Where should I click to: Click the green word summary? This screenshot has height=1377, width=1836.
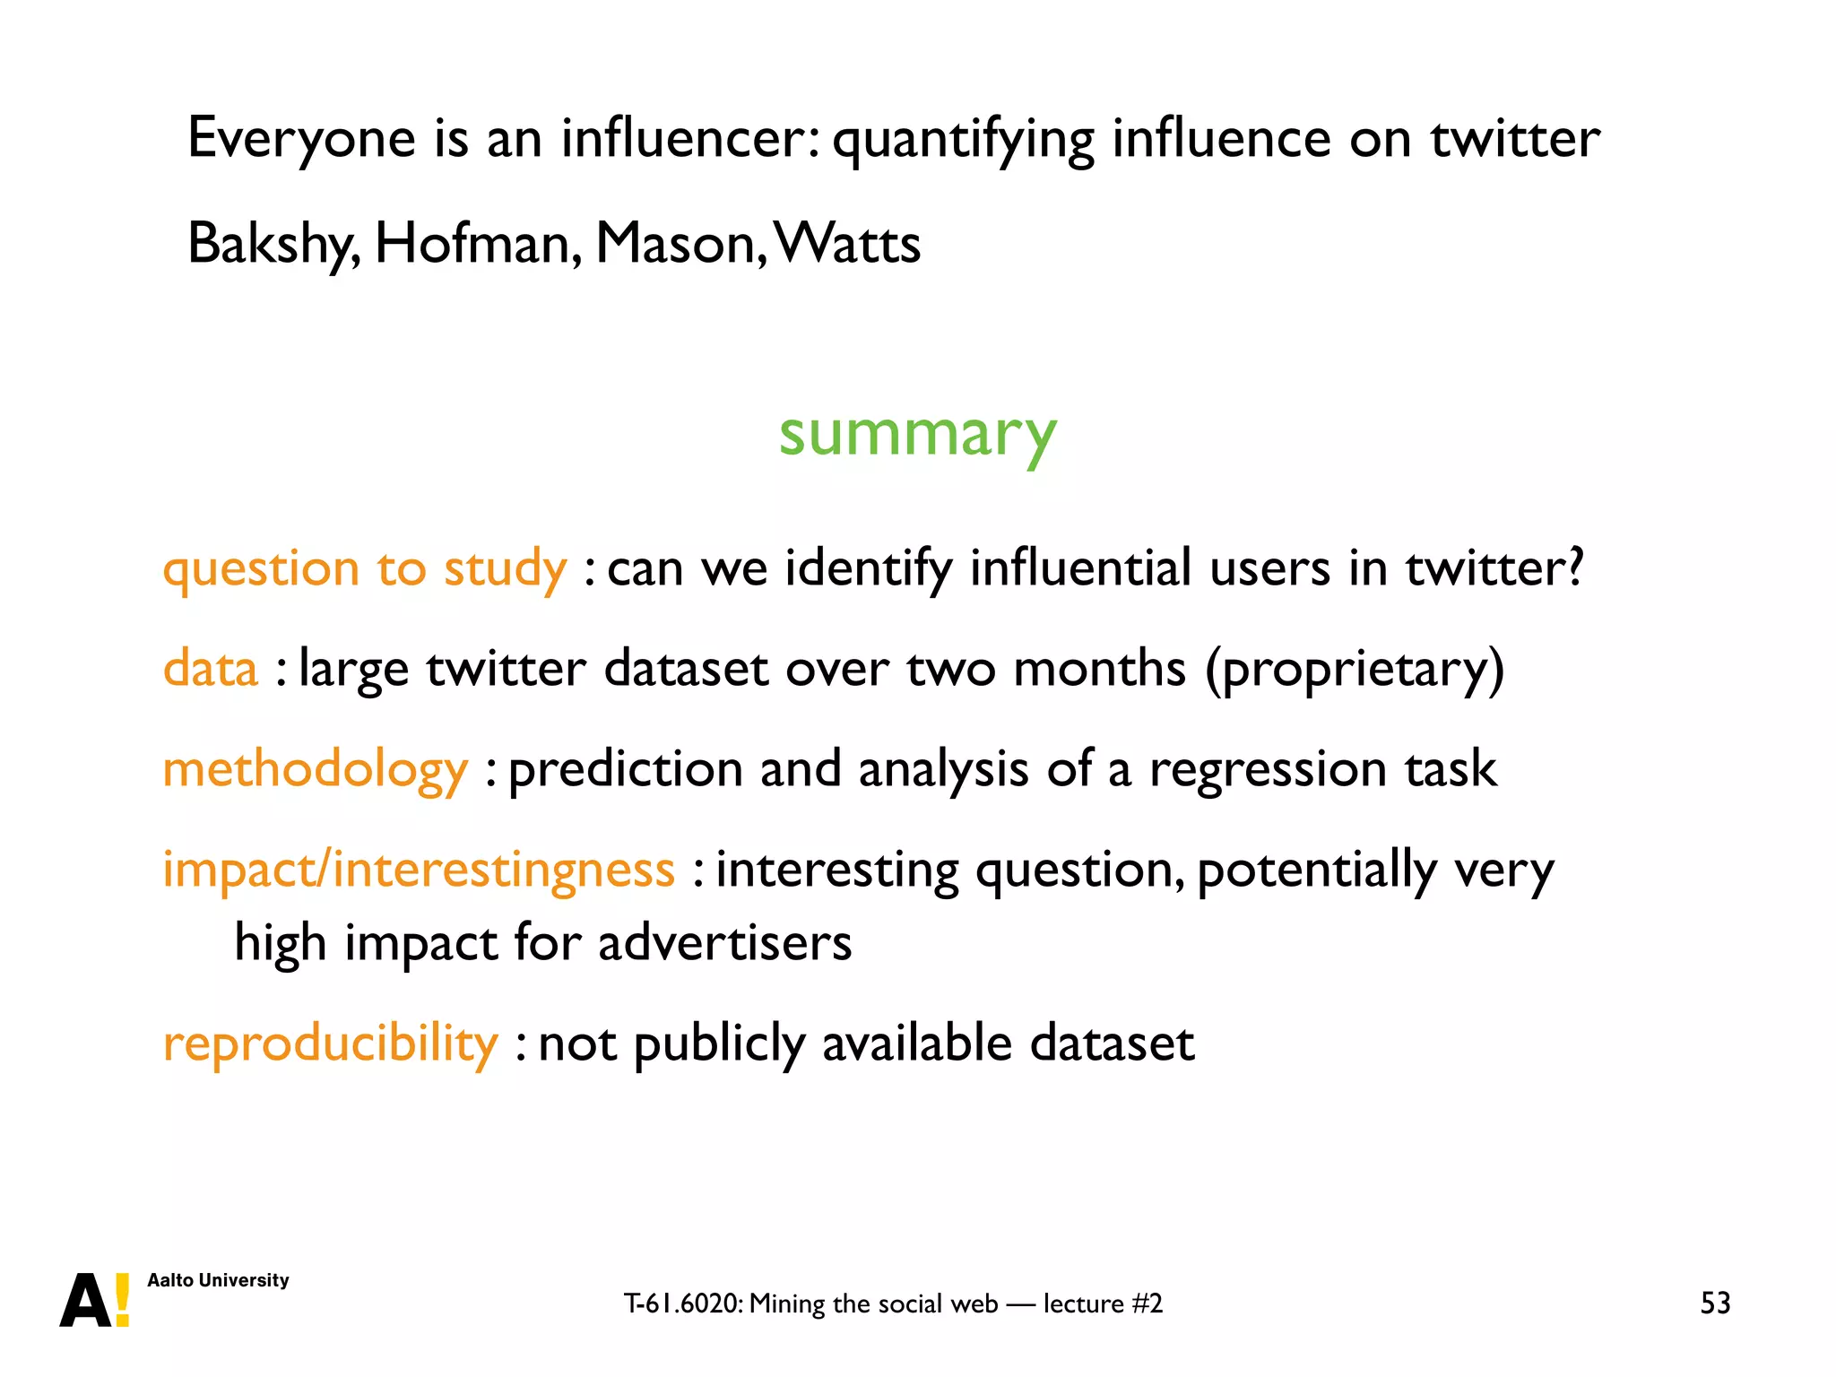[x=917, y=435]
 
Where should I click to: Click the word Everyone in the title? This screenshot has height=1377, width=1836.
[x=301, y=139]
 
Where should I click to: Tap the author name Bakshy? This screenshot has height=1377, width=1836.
[x=273, y=244]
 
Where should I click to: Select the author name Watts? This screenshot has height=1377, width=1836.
[x=847, y=244]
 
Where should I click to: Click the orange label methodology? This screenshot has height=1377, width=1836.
[x=315, y=770]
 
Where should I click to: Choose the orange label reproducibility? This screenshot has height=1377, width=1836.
[x=330, y=1044]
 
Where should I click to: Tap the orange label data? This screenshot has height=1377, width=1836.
[x=211, y=669]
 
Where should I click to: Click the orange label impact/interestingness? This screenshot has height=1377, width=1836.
[x=418, y=870]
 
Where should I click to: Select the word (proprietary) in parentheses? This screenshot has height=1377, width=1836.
[x=1354, y=669]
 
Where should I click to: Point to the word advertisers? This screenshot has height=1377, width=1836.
[x=724, y=943]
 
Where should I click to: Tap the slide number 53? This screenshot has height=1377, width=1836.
[x=1715, y=1303]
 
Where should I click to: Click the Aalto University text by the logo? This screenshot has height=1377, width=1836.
[x=218, y=1280]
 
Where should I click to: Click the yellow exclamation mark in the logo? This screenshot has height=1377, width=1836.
[x=123, y=1300]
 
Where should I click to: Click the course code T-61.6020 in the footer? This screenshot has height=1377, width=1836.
[x=682, y=1303]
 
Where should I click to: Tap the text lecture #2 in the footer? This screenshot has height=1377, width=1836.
[x=1103, y=1303]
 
